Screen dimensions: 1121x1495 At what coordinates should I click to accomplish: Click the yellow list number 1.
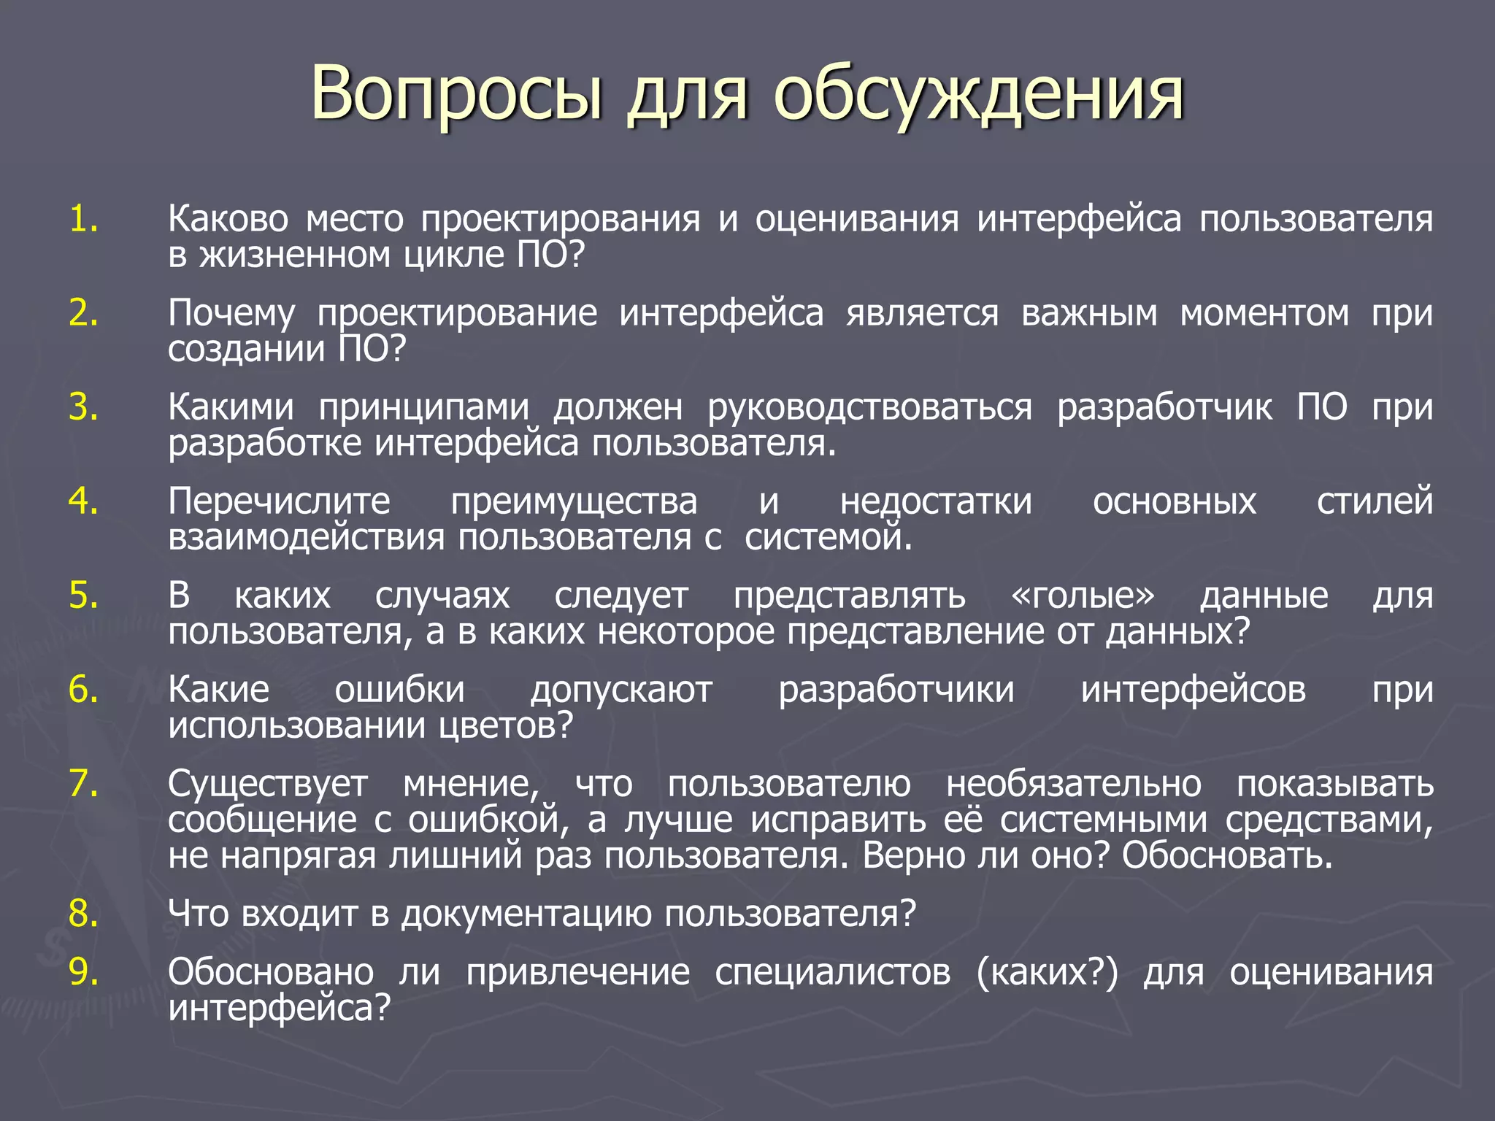pyautogui.click(x=83, y=219)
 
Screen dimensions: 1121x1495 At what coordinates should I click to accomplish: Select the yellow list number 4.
pyautogui.click(x=83, y=501)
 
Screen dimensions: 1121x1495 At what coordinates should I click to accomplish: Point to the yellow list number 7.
pyautogui.click(x=83, y=784)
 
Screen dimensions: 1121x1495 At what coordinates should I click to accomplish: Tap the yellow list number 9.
pyautogui.click(x=83, y=972)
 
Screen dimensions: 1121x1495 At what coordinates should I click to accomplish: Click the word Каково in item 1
pyautogui.click(x=228, y=219)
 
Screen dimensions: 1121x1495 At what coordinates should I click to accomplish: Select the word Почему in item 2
pyautogui.click(x=231, y=314)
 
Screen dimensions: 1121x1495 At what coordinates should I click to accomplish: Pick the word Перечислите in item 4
pyautogui.click(x=279, y=501)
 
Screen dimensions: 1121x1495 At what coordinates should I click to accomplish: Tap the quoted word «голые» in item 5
pyautogui.click(x=1083, y=596)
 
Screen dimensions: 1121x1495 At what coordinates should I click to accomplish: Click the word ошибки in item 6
pyautogui.click(x=399, y=690)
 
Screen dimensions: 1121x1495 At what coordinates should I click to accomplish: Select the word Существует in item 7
pyautogui.click(x=268, y=784)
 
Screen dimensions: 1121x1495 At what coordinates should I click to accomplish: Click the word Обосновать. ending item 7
pyautogui.click(x=1227, y=855)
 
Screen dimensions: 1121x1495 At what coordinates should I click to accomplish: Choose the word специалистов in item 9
pyautogui.click(x=832, y=972)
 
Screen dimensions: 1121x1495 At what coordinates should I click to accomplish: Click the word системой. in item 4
pyautogui.click(x=829, y=538)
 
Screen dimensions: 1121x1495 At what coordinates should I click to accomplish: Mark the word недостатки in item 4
pyautogui.click(x=936, y=501)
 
